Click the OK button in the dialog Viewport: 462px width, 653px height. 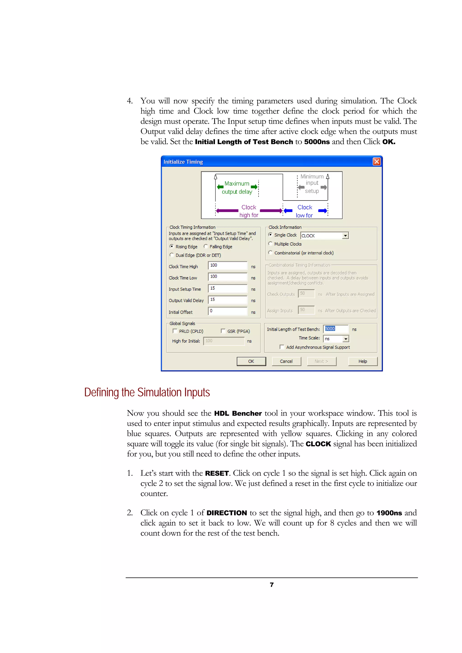[251, 361]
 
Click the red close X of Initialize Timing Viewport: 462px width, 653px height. [377, 162]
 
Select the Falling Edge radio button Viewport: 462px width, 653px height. [206, 246]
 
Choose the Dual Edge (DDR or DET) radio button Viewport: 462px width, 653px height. [171, 255]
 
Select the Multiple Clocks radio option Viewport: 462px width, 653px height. [270, 244]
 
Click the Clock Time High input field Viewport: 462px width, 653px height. [227, 265]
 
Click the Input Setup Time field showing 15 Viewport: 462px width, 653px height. [227, 288]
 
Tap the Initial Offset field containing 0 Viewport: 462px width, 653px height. [227, 311]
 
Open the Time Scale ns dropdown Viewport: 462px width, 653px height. [346, 339]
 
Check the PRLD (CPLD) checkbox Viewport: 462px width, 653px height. [175, 331]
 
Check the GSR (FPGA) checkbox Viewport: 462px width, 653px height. [223, 331]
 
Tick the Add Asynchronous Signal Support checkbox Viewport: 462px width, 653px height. [282, 347]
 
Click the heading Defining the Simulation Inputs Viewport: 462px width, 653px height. [147, 393]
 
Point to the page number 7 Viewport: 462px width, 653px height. [272, 585]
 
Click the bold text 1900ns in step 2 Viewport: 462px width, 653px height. [389, 513]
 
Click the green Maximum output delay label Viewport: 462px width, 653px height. [237, 187]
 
